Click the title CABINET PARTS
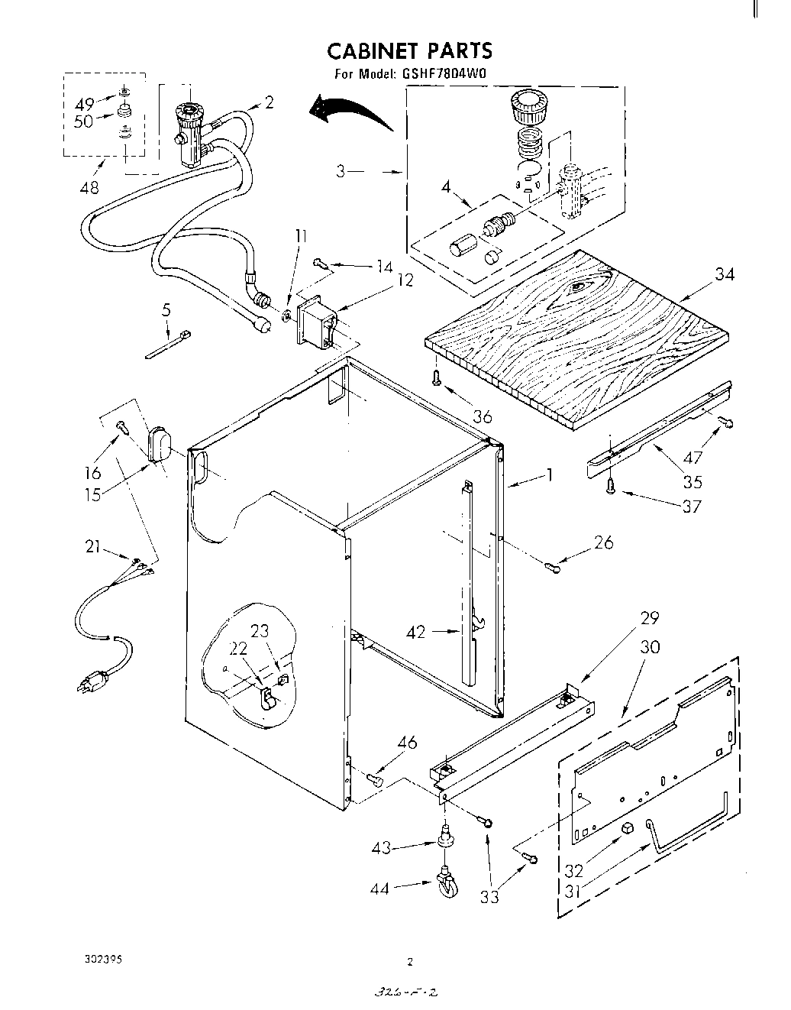pyautogui.click(x=410, y=50)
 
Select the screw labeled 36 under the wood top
pyautogui.click(x=436, y=377)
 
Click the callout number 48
pyautogui.click(x=89, y=187)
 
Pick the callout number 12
pyautogui.click(x=405, y=280)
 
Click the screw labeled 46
pyautogui.click(x=374, y=778)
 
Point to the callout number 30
pyautogui.click(x=650, y=647)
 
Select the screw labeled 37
pyautogui.click(x=611, y=486)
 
